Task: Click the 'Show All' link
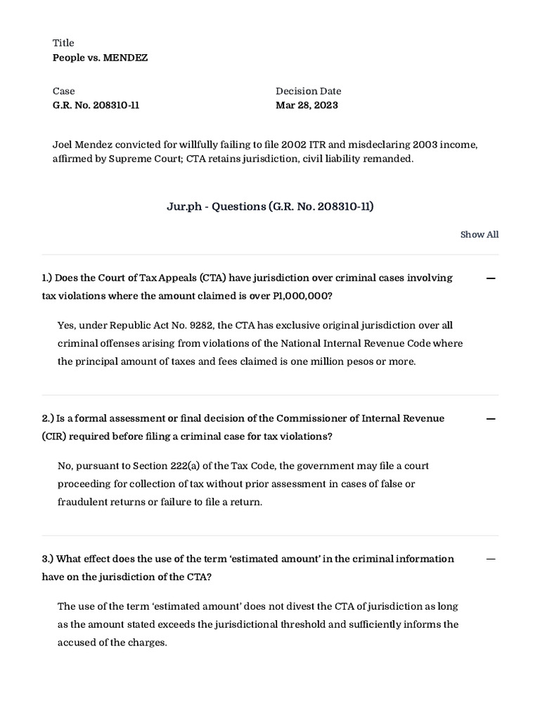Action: tap(479, 235)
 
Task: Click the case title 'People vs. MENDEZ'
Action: tap(100, 58)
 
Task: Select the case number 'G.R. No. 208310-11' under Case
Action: tap(101, 105)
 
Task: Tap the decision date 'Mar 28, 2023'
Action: tap(307, 105)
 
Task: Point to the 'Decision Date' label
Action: tap(308, 91)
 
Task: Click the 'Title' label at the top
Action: tap(63, 43)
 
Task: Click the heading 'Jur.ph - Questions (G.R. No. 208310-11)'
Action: tap(270, 206)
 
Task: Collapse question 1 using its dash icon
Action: tap(491, 278)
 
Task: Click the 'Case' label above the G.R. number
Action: tap(63, 91)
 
